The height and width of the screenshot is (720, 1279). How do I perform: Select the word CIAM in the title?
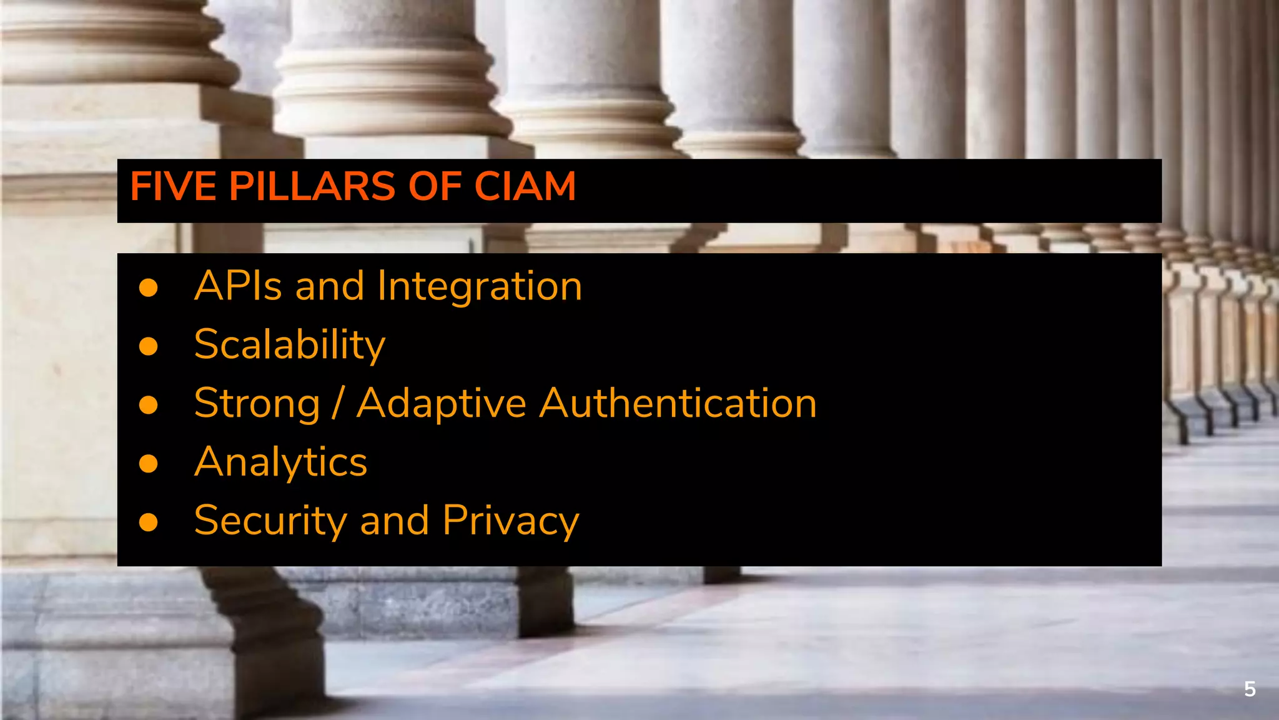(525, 187)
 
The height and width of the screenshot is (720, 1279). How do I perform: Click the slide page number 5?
(1249, 689)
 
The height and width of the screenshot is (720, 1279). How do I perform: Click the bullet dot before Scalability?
(149, 346)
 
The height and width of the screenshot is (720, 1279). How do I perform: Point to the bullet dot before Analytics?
(149, 463)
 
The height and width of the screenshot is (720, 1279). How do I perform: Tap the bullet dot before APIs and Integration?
(149, 287)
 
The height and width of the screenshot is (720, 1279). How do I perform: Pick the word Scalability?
(290, 345)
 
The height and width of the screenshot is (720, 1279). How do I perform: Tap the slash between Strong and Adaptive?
(338, 404)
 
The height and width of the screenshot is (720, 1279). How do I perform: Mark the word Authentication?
(678, 403)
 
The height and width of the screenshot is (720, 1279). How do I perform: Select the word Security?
(270, 521)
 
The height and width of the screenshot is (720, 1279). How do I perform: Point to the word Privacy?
(511, 521)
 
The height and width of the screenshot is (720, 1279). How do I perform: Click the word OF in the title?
(434, 187)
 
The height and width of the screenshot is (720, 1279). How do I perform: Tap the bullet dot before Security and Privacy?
(149, 522)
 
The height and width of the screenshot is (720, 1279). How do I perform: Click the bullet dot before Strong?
(149, 405)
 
